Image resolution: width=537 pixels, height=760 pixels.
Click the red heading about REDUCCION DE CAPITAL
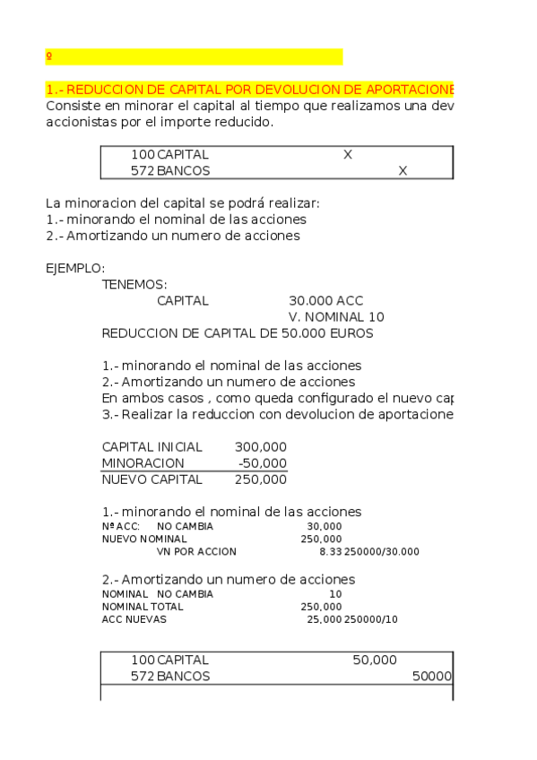250,91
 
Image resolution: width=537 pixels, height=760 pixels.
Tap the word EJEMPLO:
75,268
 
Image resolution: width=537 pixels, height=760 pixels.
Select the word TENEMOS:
134,284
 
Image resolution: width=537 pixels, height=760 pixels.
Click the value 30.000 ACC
326,301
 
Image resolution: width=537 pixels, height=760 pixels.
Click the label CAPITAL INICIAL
152,446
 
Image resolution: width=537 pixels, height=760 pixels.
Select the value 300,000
261,446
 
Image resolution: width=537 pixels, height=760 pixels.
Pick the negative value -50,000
263,462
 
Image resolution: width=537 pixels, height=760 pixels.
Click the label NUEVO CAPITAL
152,479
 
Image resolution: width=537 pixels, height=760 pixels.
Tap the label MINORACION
143,462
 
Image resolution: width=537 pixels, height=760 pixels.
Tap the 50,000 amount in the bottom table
375,660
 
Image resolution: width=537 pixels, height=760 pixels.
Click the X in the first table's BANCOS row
403,170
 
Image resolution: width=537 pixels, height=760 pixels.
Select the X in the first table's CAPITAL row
348,154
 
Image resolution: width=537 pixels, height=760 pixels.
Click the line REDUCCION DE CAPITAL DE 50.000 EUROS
238,333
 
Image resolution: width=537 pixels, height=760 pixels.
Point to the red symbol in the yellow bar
48,56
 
